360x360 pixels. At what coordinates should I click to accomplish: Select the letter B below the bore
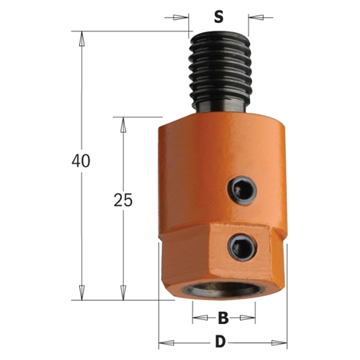point(222,319)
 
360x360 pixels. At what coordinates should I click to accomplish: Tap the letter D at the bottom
point(221,342)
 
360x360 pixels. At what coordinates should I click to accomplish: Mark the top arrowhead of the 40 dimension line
point(82,37)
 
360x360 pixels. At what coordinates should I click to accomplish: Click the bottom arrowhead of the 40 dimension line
point(82,294)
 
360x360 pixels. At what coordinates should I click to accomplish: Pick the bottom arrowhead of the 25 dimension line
point(122,294)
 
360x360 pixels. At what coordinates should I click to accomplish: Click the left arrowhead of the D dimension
point(165,342)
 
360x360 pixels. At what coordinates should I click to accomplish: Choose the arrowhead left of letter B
point(197,319)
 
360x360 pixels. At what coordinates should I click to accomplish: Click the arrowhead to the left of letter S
point(185,18)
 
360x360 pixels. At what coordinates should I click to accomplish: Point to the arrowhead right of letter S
point(253,18)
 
